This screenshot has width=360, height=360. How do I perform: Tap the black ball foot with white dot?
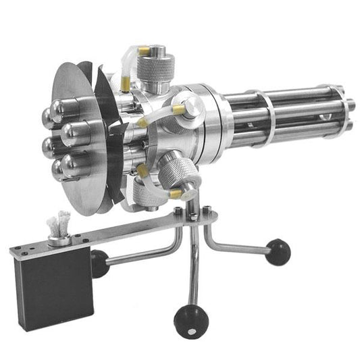[x=190, y=322]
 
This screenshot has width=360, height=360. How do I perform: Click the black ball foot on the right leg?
[x=278, y=252]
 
